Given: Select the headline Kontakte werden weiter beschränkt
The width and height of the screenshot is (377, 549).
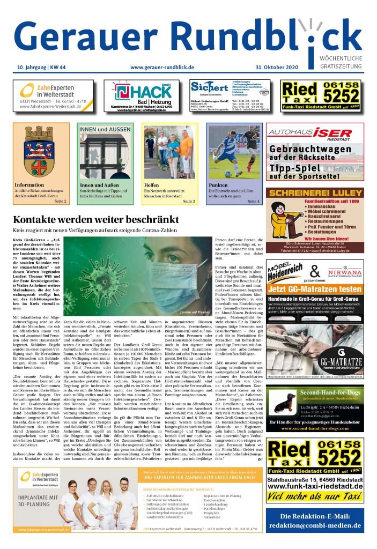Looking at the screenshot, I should click(x=96, y=220).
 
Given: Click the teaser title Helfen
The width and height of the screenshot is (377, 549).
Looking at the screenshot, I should click(x=152, y=186).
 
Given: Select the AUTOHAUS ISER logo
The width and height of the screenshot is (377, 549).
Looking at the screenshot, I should click(x=315, y=132).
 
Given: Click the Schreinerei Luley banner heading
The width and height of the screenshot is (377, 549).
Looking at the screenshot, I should click(x=315, y=194).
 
